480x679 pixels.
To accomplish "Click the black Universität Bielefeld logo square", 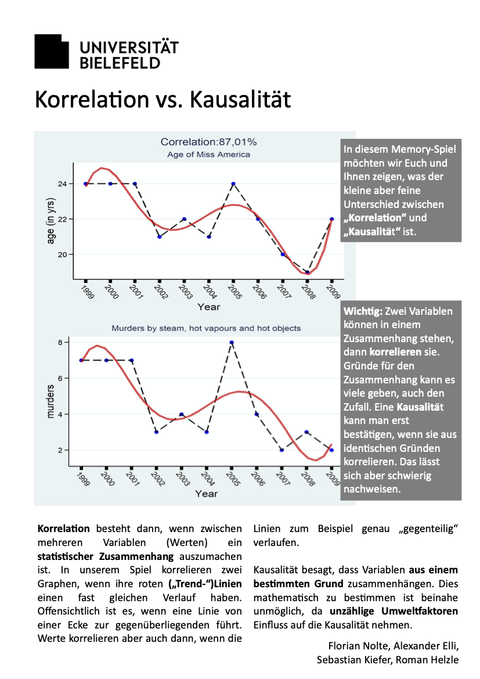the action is [52, 52].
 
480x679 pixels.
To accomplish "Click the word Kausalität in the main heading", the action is [240, 99].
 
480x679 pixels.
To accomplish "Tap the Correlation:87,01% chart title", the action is [208, 142].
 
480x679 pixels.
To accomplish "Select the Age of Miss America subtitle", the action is [208, 155].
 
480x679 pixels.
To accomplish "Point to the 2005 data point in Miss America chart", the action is [233, 184].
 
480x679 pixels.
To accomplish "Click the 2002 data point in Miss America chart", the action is [159, 237].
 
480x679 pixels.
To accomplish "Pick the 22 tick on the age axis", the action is [63, 219].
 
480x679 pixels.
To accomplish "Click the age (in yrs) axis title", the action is [50, 221].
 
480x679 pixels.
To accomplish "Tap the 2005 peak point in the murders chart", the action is [232, 342].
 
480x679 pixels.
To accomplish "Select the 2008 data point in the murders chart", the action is [306, 432].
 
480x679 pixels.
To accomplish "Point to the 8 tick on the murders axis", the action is [60, 342].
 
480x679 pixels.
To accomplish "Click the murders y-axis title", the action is [50, 401].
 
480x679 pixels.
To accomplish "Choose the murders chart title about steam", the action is [206, 328].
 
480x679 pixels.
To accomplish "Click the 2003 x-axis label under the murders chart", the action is [183, 479].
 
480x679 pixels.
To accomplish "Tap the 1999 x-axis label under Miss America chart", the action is [88, 292].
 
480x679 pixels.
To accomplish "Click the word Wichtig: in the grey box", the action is [363, 311].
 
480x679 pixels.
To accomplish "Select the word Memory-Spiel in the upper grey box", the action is [423, 149].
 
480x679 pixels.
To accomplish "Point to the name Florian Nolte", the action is [359, 646].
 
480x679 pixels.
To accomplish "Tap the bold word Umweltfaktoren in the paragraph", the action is [420, 611].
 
